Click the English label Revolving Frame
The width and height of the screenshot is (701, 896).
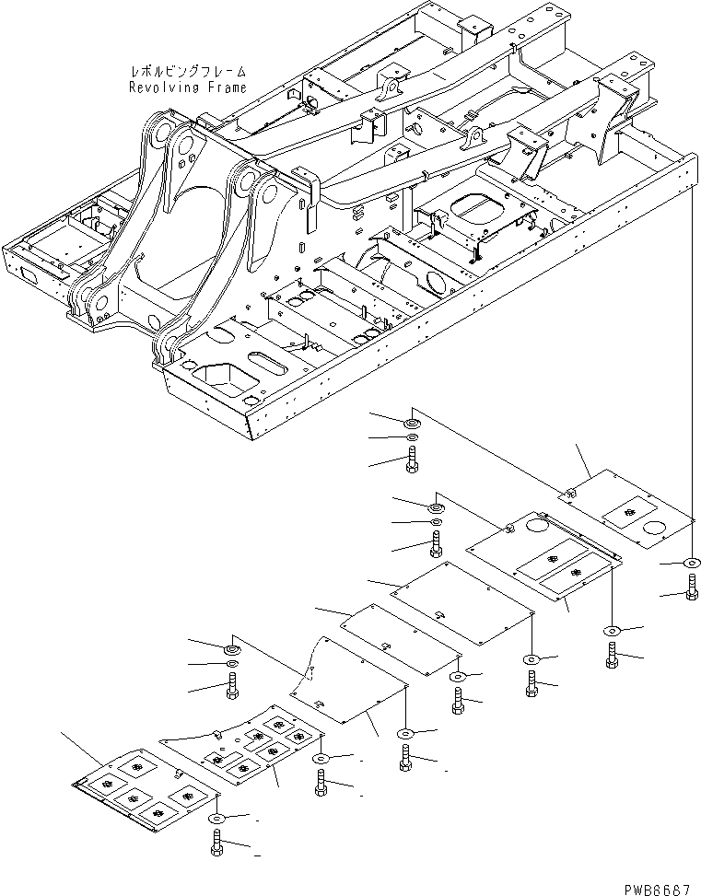tap(188, 87)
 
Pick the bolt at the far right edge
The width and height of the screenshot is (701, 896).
tap(692, 586)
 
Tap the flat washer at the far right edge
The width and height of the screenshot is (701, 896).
tap(692, 563)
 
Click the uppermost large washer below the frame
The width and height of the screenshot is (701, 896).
tap(411, 422)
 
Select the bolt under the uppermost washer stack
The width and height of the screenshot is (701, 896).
tap(411, 459)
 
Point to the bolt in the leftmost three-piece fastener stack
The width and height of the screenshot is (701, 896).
tap(231, 686)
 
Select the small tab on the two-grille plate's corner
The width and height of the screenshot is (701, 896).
tap(508, 528)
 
